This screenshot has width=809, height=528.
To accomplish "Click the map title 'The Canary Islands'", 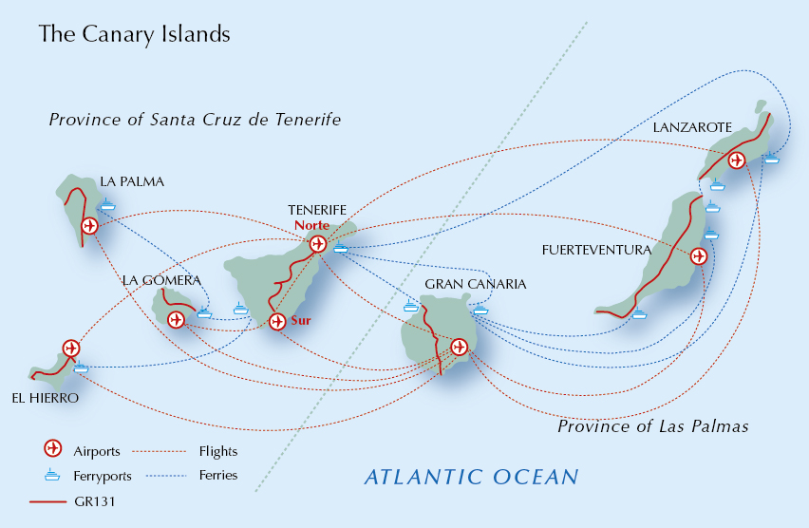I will pos(134,34).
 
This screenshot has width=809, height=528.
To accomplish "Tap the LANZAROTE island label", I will pos(692,127).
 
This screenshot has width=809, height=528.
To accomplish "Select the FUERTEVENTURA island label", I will pos(595,251).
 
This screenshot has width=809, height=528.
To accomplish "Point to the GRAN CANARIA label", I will pos(475,284).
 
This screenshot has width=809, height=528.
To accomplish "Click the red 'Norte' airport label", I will pos(312,226).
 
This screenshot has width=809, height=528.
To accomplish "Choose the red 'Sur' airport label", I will pos(300,321).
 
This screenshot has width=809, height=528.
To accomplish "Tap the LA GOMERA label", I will pos(161,280).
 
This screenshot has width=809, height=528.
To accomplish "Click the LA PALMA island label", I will pos(132,181).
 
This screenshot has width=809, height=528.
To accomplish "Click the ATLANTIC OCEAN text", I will pos(471,476).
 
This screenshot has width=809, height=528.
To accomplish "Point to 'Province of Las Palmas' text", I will pos(652,426).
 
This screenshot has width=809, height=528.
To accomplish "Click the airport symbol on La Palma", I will pos(90,226).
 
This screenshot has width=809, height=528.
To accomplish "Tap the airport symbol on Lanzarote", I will pos(736,160).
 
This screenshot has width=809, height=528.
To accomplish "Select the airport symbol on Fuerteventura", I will pos(699,256).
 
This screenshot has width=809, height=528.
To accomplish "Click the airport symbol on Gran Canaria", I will pos(460,347).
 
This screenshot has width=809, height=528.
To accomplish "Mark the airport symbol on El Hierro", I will pos(70,348).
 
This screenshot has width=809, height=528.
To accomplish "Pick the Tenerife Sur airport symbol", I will pos(277,322).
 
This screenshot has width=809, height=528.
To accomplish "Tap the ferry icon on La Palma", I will pos(107,204).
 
